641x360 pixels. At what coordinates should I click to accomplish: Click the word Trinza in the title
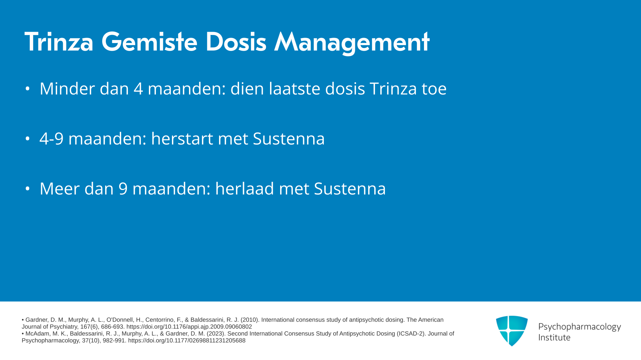(59, 42)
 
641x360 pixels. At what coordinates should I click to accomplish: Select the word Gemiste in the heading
(149, 42)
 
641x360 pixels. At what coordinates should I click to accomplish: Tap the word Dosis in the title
(236, 42)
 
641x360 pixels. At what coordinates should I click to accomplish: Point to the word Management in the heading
(352, 43)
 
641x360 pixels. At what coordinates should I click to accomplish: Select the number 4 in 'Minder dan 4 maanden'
(139, 89)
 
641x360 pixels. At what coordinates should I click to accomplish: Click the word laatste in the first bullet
(295, 89)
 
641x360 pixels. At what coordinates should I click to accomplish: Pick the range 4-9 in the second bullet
(51, 139)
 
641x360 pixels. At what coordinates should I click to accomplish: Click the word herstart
(182, 139)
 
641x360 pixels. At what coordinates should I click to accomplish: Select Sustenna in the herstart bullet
(289, 139)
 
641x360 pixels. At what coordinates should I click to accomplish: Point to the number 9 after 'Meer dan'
(123, 189)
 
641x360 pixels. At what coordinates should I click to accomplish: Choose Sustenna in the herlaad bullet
(350, 189)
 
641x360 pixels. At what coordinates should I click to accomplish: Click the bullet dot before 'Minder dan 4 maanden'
(28, 89)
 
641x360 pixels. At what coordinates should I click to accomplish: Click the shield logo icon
(512, 331)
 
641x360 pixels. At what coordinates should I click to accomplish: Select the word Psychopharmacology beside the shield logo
(580, 327)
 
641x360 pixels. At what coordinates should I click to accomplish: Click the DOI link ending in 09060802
(189, 327)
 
